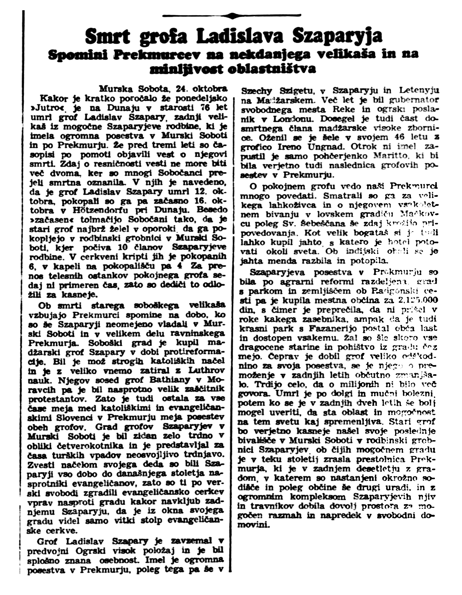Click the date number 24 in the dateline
coord(182,89)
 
